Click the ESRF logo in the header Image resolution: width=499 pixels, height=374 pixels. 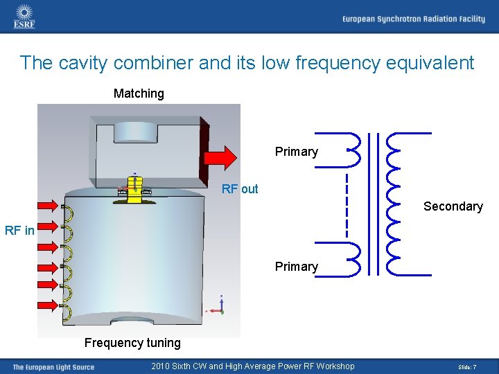tap(24, 16)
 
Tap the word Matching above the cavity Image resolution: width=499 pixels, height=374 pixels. tap(139, 93)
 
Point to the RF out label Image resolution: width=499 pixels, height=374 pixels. tap(240, 189)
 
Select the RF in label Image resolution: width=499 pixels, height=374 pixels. tap(19, 231)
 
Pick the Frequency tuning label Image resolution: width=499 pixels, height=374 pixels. tap(132, 342)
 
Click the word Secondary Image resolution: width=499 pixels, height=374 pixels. tap(453, 206)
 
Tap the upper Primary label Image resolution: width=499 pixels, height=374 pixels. tap(296, 152)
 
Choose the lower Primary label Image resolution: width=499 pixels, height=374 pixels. tap(296, 267)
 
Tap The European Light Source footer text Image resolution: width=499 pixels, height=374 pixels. tap(53, 367)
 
